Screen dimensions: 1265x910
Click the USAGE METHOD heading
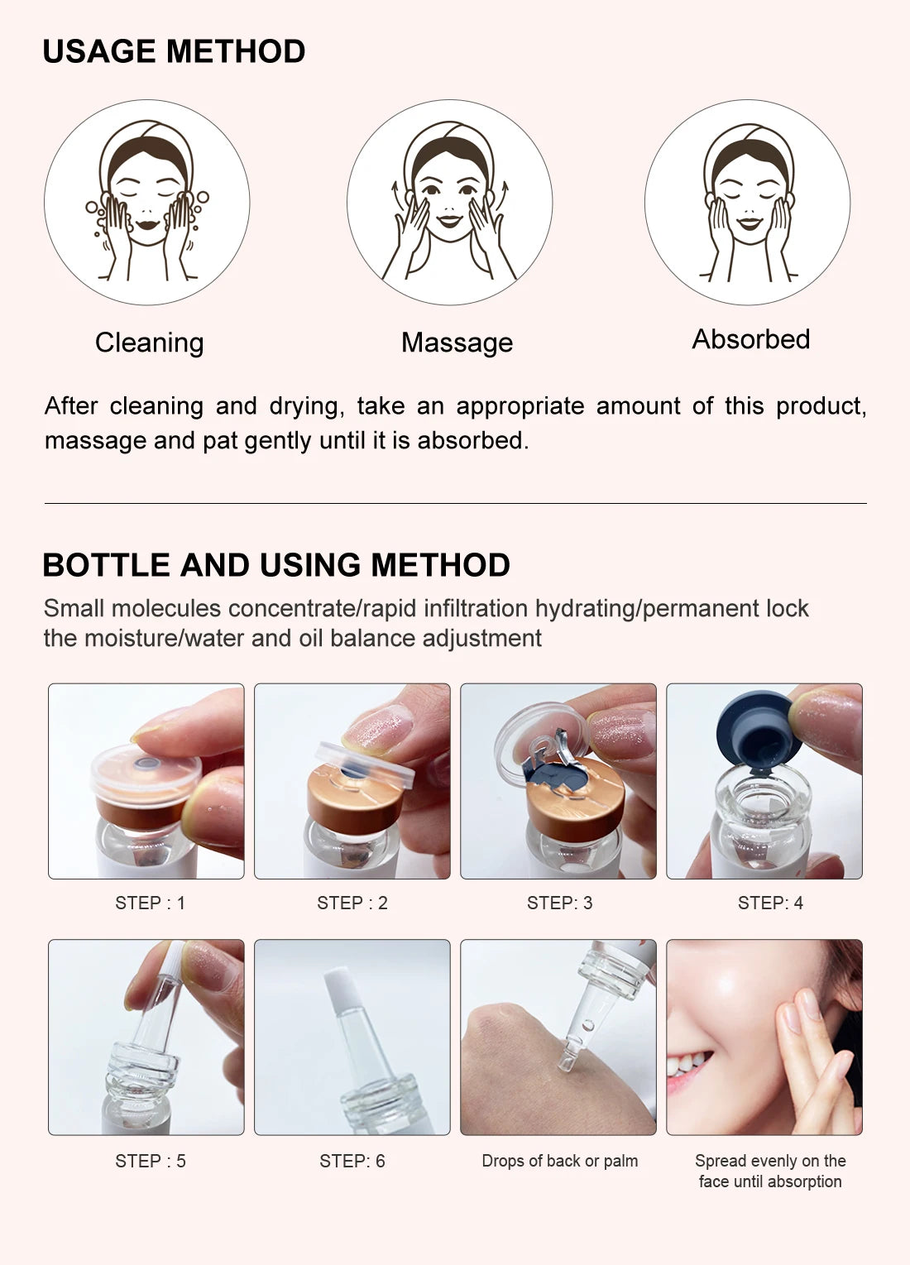174,51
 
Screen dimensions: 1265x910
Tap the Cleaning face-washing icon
147,203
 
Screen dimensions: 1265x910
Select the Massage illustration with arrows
449,203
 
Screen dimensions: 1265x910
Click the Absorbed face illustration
748,203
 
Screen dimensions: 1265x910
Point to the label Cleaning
149,343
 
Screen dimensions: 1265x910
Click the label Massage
457,343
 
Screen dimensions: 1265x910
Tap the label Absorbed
750,339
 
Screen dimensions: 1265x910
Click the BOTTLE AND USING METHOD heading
275,565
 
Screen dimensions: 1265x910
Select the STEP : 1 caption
150,903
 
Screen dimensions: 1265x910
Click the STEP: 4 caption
770,903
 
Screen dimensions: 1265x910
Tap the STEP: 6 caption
352,1161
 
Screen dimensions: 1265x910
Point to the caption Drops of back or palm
559,1161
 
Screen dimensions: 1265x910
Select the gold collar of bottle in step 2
353,798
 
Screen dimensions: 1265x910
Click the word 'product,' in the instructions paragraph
821,406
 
